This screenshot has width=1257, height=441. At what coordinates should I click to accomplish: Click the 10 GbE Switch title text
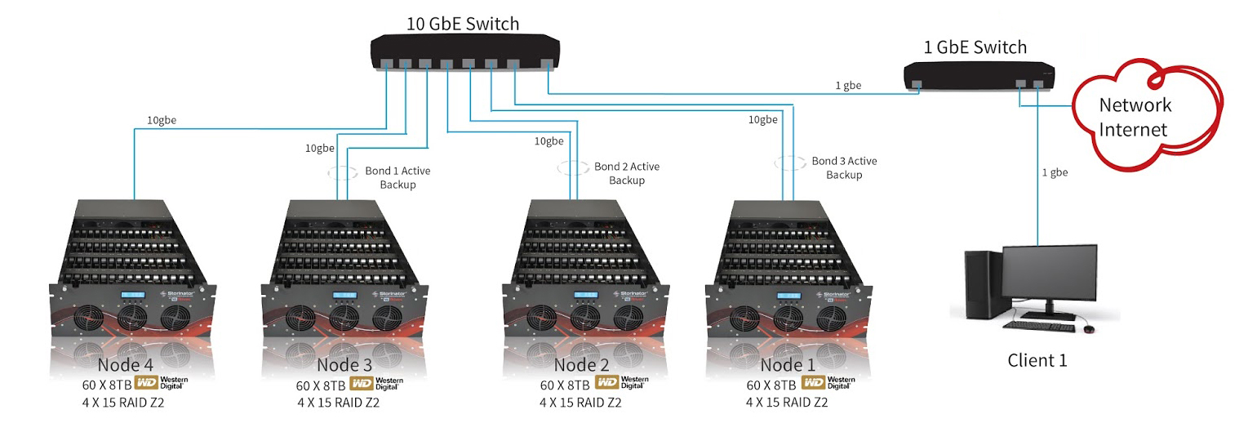coord(462,24)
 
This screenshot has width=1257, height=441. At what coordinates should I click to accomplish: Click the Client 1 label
coord(1037,360)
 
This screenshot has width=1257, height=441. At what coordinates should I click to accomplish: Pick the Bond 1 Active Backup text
coord(398,178)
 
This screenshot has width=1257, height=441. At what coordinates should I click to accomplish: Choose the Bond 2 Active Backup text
coord(627,173)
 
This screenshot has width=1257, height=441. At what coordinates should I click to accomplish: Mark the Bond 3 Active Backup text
coord(844,168)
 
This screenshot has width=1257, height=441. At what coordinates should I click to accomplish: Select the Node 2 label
coord(581,364)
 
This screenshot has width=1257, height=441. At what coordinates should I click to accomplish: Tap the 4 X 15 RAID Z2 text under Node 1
coord(787,402)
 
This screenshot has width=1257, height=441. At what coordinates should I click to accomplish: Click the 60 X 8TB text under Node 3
coord(321,385)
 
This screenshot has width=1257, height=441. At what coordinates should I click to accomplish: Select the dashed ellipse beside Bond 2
coord(574,167)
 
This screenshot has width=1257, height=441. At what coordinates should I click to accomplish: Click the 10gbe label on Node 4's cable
coord(162,120)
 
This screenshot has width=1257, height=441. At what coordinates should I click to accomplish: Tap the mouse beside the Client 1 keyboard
coord(1088,328)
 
